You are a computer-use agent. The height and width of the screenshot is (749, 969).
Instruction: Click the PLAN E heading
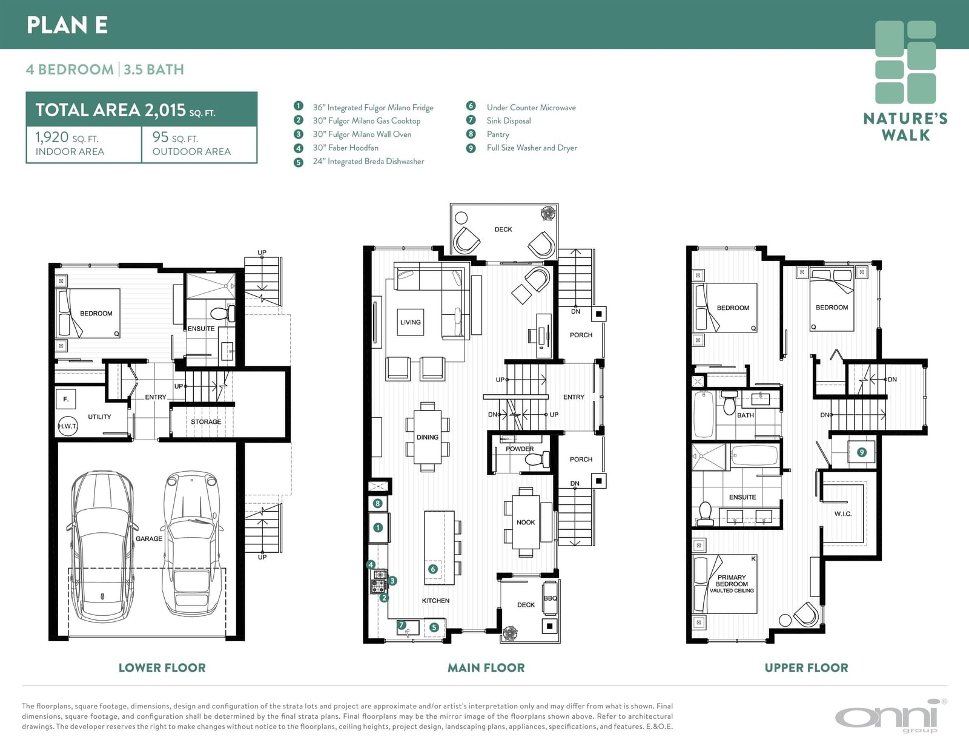pos(67,25)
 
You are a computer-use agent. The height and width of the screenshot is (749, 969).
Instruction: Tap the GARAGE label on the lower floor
pos(149,538)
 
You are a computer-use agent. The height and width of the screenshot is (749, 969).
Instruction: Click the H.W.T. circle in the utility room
pos(68,426)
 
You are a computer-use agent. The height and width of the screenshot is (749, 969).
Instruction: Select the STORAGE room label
pos(206,422)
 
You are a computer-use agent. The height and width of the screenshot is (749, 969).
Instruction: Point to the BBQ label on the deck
pos(551,598)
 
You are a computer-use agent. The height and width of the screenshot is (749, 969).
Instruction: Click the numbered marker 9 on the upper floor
pos(862,452)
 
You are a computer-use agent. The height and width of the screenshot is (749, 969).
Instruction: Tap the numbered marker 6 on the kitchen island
pos(432,569)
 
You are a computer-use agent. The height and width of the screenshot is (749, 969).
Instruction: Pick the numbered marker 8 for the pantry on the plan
pos(378,503)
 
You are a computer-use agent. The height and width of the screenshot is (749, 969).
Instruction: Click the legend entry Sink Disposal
pos(509,121)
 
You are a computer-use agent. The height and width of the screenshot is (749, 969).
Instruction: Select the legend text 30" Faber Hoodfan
pos(346,148)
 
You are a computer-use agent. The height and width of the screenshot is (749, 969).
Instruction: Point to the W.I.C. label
pos(843,513)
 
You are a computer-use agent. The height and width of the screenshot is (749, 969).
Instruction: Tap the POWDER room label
pos(520,449)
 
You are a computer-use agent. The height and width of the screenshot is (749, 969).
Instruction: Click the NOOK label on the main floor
pos(526,522)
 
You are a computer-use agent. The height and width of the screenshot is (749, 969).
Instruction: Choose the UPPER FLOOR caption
pos(806,668)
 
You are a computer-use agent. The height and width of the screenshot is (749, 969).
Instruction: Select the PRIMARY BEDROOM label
pos(732,581)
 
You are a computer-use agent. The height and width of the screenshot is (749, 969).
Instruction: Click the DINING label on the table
pos(428,437)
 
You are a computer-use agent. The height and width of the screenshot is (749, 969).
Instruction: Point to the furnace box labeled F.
pos(66,400)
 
